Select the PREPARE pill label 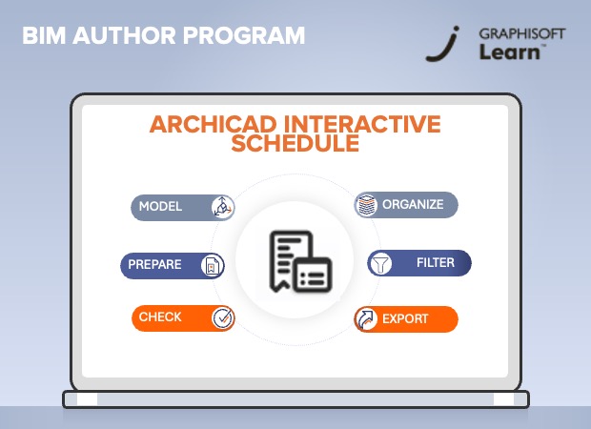pyautogui.click(x=153, y=264)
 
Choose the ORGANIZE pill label pyautogui.click(x=413, y=204)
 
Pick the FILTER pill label pyautogui.click(x=435, y=262)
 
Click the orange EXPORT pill pyautogui.click(x=406, y=318)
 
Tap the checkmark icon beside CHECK pyautogui.click(x=222, y=317)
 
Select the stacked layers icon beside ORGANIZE pyautogui.click(x=367, y=205)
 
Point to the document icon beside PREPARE pyautogui.click(x=213, y=265)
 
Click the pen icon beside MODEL pyautogui.click(x=222, y=206)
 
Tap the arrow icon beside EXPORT pyautogui.click(x=365, y=319)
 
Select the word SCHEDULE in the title pyautogui.click(x=295, y=145)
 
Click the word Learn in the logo pyautogui.click(x=512, y=51)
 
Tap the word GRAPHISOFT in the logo pyautogui.click(x=523, y=33)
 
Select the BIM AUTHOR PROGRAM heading pyautogui.click(x=163, y=36)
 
